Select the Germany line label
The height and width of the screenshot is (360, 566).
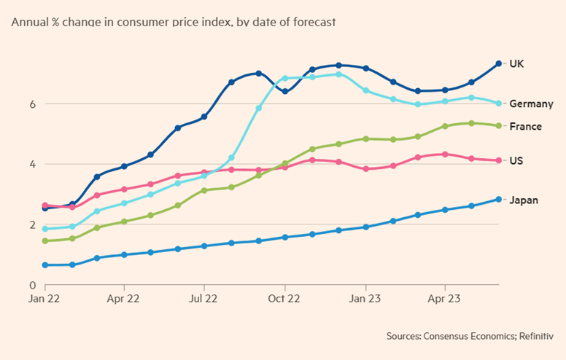coord(530,103)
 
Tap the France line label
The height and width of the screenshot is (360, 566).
coord(525,126)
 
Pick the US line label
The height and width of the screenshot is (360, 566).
coord(516,160)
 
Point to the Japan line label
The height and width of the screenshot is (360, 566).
coord(523,199)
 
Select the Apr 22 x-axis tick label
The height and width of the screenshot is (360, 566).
coord(123,298)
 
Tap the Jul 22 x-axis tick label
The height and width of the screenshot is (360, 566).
coord(203,298)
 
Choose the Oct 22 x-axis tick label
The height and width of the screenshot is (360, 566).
coord(284,298)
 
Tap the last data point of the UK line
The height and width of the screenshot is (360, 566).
coord(498,63)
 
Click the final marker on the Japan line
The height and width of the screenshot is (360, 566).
coord(498,199)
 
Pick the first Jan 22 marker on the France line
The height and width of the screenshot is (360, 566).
coord(45,240)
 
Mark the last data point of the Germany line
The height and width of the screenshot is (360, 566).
coord(498,103)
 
